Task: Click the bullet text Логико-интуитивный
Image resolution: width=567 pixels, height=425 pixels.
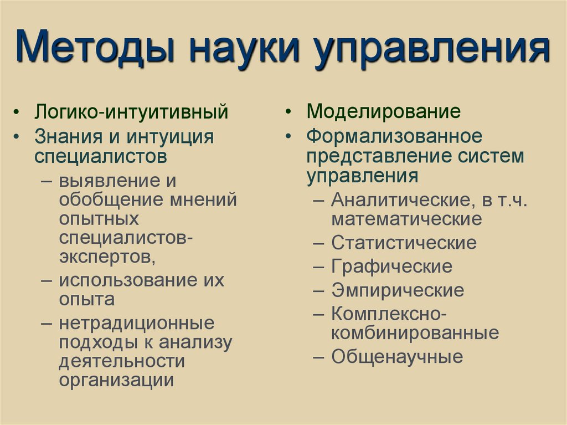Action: (132, 111)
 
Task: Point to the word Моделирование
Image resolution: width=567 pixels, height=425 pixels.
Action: (384, 111)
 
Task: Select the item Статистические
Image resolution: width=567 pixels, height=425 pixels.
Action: (404, 243)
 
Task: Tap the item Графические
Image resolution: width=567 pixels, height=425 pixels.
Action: (391, 267)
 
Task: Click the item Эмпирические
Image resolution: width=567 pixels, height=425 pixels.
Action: (398, 290)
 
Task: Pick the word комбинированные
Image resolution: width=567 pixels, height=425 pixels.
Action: (415, 334)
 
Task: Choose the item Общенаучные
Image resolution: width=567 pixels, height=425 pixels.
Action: (397, 357)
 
